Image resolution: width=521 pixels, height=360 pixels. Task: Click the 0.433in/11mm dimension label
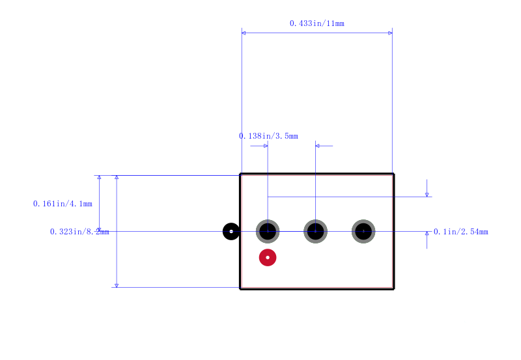click(x=317, y=23)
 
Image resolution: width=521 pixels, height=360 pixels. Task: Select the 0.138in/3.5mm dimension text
click(x=268, y=136)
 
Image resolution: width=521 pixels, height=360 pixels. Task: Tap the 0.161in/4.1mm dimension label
click(x=63, y=204)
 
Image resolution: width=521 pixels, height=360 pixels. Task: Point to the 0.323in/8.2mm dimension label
click(x=79, y=232)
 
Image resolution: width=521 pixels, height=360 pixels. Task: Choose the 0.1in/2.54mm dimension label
click(x=461, y=232)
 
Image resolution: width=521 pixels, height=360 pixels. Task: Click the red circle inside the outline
click(x=268, y=257)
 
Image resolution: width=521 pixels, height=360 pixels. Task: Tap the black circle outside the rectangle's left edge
click(x=231, y=231)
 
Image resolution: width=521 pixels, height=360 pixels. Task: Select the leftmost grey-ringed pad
click(x=268, y=231)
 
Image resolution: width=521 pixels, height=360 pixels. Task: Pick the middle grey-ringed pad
click(x=316, y=231)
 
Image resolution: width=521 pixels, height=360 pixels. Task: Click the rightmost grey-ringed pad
click(x=363, y=231)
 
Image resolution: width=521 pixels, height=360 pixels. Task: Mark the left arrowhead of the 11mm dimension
click(x=244, y=33)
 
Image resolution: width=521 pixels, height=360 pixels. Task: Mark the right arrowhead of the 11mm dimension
click(x=390, y=33)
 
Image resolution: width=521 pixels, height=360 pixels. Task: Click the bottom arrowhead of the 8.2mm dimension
click(x=117, y=286)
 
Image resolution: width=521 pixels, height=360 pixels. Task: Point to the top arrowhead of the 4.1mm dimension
click(x=99, y=177)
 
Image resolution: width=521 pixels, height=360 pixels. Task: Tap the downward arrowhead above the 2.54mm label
click(x=427, y=195)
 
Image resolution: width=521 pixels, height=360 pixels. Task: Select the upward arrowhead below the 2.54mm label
click(x=427, y=234)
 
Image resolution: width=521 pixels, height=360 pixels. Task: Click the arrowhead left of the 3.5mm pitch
click(x=266, y=146)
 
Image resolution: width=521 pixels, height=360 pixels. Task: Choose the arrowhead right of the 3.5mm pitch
click(x=318, y=146)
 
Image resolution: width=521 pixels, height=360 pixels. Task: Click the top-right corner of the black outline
click(x=394, y=173)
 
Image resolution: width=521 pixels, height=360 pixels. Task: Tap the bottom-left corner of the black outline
click(x=240, y=289)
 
